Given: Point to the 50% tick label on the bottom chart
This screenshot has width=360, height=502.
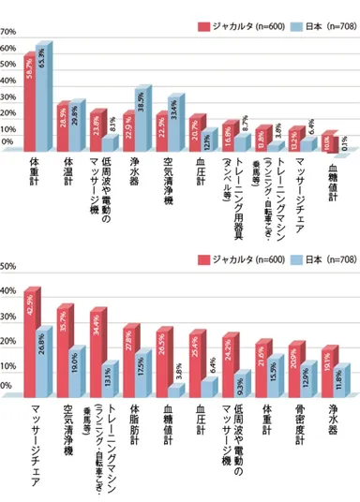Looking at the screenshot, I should (8, 266).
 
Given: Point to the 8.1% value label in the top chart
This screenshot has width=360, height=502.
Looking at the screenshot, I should (113, 123).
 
